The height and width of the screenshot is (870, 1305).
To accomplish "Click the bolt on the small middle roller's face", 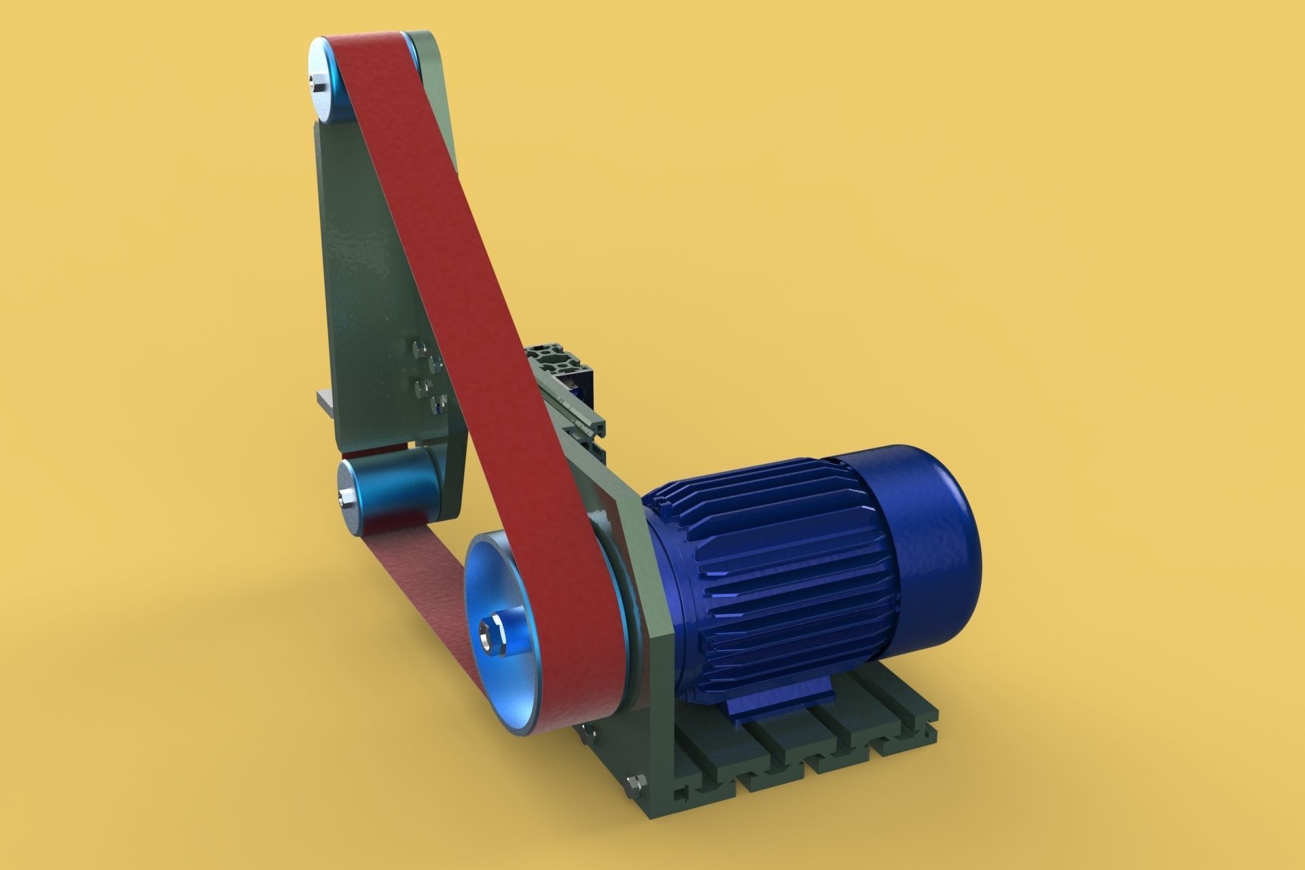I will pos(345,500).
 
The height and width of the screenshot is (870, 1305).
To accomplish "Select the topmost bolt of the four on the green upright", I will pos(418,348).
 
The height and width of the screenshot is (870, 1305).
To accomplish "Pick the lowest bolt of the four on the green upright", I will pos(434,405).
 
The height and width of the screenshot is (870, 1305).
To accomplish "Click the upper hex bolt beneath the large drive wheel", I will pos(586,733).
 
